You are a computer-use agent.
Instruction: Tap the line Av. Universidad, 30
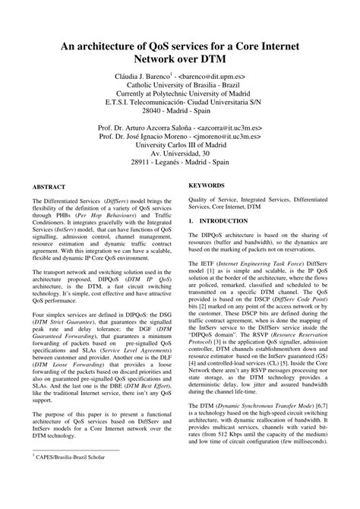[179, 162]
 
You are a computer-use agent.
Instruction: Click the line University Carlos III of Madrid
[179, 151]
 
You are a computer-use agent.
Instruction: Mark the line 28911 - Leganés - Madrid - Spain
[179, 172]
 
